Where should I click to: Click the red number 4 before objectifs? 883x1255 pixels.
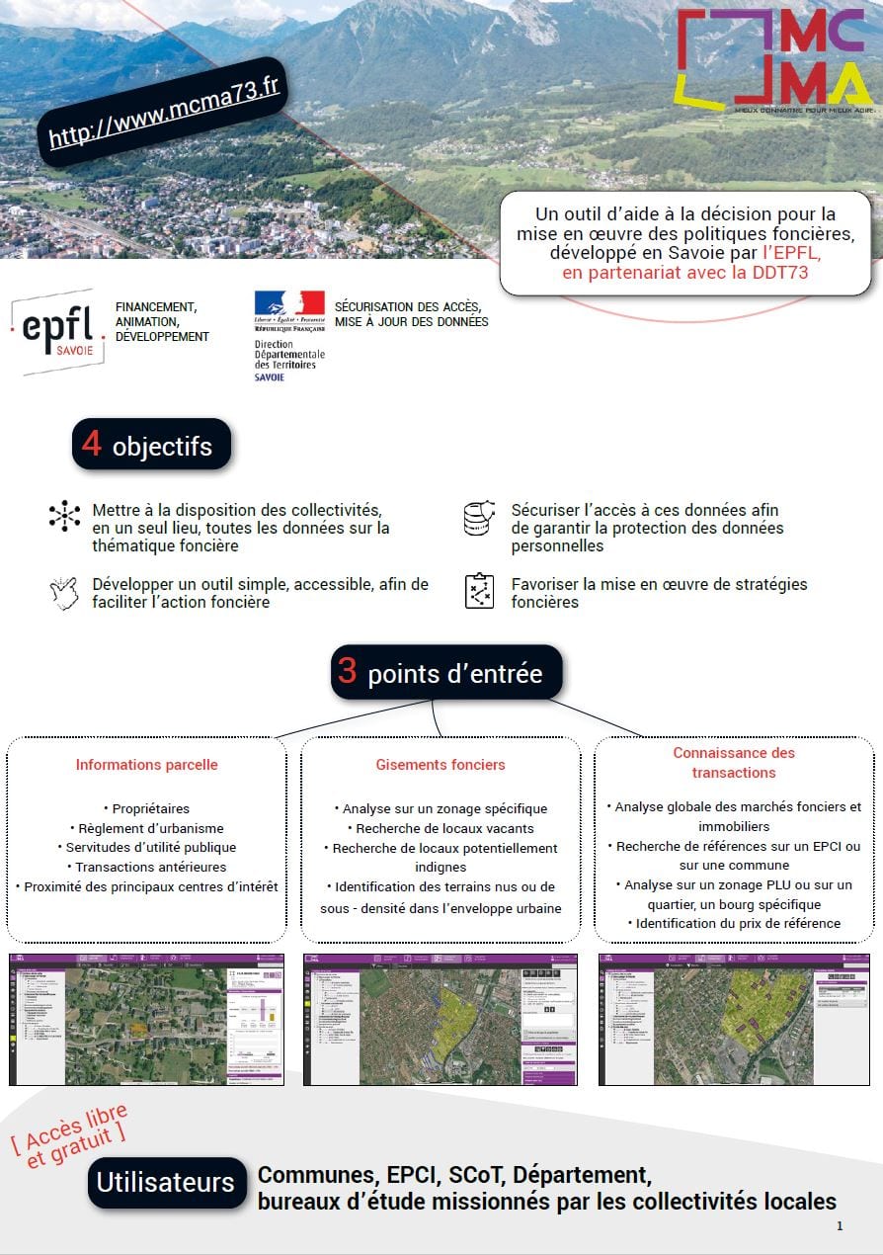pyautogui.click(x=92, y=444)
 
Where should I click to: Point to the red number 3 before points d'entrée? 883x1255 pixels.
pyautogui.click(x=348, y=672)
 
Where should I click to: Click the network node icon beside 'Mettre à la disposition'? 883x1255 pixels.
pyautogui.click(x=64, y=516)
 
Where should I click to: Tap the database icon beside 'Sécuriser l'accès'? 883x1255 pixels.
pyautogui.click(x=479, y=518)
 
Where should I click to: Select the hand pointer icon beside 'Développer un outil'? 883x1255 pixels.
pyautogui.click(x=63, y=592)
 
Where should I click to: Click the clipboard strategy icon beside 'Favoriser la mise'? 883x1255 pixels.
pyautogui.click(x=479, y=590)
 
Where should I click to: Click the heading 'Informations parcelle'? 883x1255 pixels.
pyautogui.click(x=147, y=765)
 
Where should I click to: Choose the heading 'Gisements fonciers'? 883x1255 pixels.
pyautogui.click(x=441, y=765)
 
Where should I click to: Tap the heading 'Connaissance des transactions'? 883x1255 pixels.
pyautogui.click(x=734, y=763)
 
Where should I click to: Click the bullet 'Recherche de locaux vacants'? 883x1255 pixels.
pyautogui.click(x=441, y=828)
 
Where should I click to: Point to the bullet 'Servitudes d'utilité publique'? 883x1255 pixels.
pyautogui.click(x=147, y=848)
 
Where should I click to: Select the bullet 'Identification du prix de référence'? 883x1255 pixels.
pyautogui.click(x=734, y=924)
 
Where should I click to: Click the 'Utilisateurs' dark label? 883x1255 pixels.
pyautogui.click(x=166, y=1183)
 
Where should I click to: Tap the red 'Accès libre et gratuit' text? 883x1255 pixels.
pyautogui.click(x=72, y=1135)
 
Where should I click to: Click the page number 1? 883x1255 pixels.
pyautogui.click(x=840, y=1226)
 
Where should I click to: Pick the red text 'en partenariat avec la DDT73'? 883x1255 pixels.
pyautogui.click(x=684, y=273)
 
